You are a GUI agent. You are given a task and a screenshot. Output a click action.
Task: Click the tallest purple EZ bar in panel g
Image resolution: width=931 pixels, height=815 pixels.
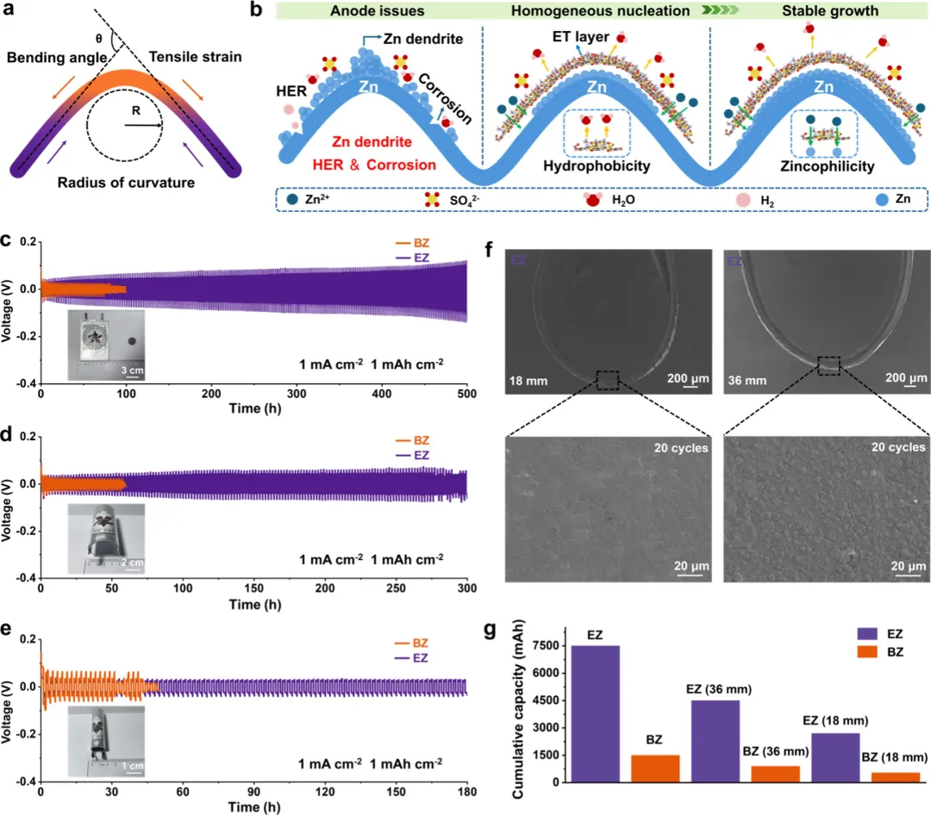[594, 713]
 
